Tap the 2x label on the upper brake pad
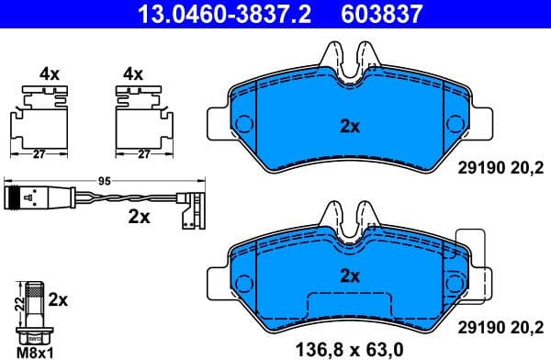(x=349, y=126)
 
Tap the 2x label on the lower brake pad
(x=349, y=275)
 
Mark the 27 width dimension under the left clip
(x=39, y=154)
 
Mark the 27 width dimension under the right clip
(x=143, y=154)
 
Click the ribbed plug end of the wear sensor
(x=17, y=196)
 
